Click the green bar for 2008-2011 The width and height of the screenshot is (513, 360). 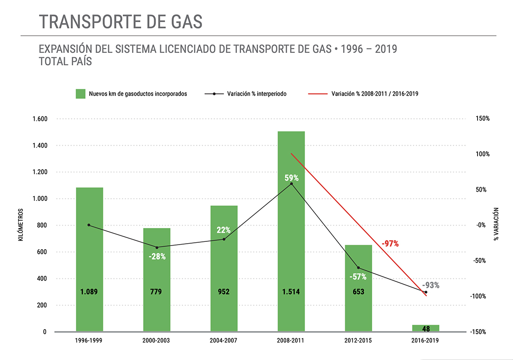[291, 230]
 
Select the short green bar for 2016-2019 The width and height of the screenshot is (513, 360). [426, 328]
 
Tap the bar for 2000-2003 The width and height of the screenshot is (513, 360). [157, 280]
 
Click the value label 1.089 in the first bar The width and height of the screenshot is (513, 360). [89, 291]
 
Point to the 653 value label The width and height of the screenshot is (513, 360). [358, 291]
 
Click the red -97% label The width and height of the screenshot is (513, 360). [390, 244]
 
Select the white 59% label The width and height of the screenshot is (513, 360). [292, 178]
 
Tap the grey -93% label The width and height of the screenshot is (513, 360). [431, 285]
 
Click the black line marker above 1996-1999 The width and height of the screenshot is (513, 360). [89, 225]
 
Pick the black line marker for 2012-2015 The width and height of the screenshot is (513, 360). [358, 268]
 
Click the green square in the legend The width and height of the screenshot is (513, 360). [81, 93]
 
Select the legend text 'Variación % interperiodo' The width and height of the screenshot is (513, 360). [257, 93]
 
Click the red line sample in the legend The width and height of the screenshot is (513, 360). [317, 93]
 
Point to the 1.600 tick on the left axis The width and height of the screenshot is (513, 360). [40, 119]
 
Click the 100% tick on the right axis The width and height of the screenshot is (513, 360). [483, 154]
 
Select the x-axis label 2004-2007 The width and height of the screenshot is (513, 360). [224, 341]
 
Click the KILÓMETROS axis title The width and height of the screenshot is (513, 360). [21, 225]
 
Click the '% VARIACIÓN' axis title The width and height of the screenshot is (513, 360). [496, 224]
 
